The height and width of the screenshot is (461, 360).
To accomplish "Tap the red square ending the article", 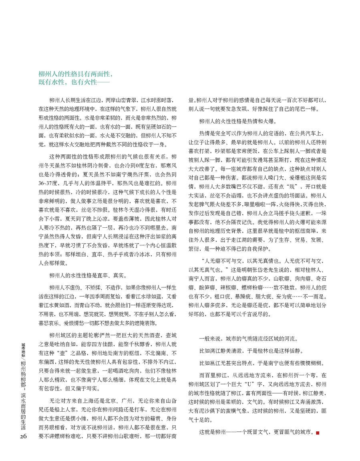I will [x=318, y=433].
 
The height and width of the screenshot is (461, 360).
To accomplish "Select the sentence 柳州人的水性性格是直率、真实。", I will [x=88, y=275].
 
